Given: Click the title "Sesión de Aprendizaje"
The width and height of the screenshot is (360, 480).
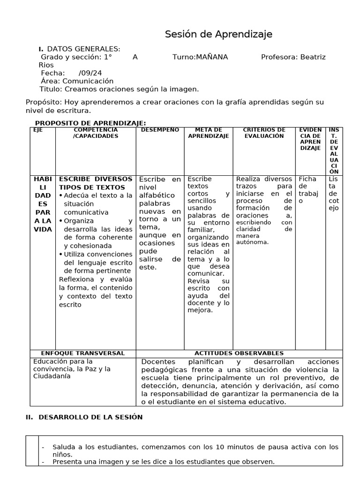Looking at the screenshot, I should pyautogui.click(x=218, y=34).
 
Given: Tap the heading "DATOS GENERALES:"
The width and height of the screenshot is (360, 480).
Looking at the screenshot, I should pyautogui.click(x=83, y=49).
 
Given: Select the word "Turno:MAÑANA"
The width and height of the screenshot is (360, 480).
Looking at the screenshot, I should pyautogui.click(x=200, y=57).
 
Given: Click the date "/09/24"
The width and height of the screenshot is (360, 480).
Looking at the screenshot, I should pyautogui.click(x=90, y=73).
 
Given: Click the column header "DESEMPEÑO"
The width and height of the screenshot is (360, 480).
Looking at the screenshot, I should pyautogui.click(x=160, y=130).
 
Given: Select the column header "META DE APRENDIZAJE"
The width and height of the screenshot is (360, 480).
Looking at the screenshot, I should pyautogui.click(x=209, y=133).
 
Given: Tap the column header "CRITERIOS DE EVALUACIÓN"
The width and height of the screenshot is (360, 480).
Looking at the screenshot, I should pyautogui.click(x=264, y=133).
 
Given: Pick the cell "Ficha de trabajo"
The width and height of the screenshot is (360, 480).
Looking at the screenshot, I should pyautogui.click(x=308, y=190).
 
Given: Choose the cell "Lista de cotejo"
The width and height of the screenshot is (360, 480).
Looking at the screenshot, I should pyautogui.click(x=333, y=193).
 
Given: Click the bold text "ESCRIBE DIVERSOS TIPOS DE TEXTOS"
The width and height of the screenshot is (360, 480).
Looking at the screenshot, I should pyautogui.click(x=96, y=183).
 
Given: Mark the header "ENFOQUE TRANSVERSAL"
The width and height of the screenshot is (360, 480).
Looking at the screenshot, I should pyautogui.click(x=82, y=353).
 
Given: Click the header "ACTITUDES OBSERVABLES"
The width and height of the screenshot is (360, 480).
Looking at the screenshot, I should pyautogui.click(x=239, y=353).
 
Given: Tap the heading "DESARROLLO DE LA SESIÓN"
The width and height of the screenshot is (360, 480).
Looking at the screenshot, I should pyautogui.click(x=90, y=417).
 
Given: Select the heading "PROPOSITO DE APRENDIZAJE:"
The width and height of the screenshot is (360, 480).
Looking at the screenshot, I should pyautogui.click(x=90, y=122).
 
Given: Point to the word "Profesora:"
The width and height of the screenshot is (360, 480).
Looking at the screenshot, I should pyautogui.click(x=279, y=57).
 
